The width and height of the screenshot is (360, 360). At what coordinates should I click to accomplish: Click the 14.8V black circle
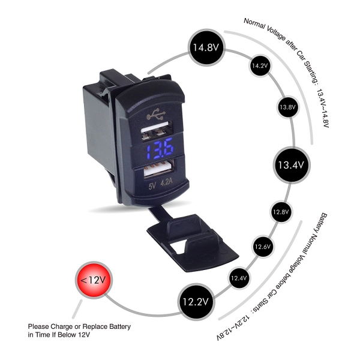point(206,47)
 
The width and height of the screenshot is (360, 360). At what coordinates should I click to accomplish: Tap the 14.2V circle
point(260,66)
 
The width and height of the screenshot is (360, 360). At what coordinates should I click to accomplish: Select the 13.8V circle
point(287,107)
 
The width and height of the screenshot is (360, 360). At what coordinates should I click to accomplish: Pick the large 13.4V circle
point(291,165)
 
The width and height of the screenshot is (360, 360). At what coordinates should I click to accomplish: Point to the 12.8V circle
point(281,212)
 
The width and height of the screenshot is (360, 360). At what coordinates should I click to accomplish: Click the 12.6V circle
point(263,247)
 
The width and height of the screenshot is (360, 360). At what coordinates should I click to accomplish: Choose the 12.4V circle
point(239,278)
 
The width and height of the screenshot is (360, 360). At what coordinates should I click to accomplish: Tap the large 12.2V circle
point(196,302)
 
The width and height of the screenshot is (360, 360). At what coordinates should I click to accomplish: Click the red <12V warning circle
point(94,280)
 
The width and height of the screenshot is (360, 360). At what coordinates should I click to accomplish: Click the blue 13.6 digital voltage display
point(160,148)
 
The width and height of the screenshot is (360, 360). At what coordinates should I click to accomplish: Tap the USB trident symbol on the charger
point(156,114)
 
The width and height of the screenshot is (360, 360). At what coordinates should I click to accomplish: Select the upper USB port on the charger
point(157,131)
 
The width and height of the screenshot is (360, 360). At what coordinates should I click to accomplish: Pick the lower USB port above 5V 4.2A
point(159,169)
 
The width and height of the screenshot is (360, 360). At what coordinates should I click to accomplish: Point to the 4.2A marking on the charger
point(166,182)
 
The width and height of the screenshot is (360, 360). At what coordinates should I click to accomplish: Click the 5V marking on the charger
point(152,185)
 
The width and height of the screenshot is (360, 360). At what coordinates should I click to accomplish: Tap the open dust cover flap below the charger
point(192,241)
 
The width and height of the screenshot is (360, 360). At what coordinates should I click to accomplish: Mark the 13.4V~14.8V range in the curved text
point(323,109)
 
